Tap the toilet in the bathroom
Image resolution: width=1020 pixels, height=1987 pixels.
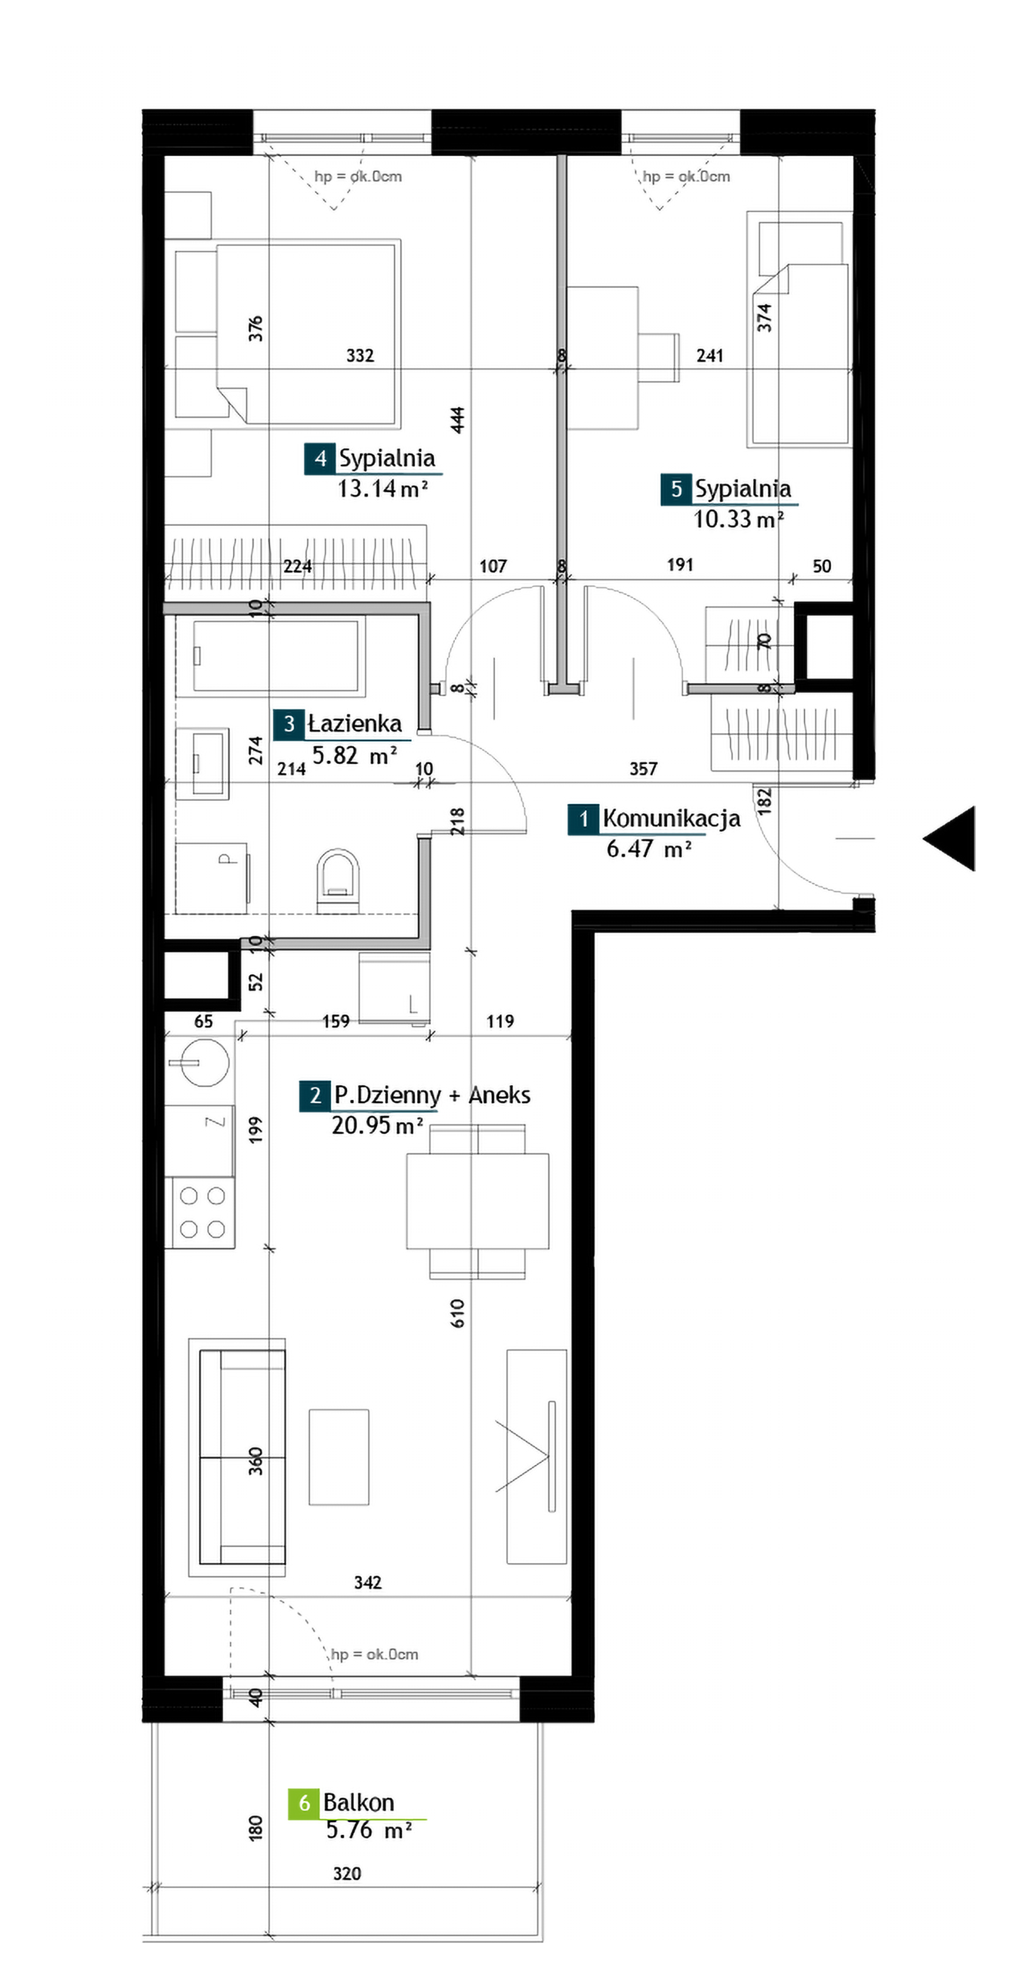[338, 881]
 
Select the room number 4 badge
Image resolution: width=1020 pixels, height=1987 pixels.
[320, 458]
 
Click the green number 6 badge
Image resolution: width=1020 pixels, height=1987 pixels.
[304, 1803]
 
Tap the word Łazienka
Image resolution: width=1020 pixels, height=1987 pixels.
[355, 724]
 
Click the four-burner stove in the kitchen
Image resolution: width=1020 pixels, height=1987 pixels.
[200, 1212]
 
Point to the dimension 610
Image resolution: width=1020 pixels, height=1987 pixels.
[457, 1313]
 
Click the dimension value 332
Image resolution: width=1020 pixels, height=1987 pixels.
[360, 356]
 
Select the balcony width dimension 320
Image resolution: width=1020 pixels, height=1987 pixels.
[347, 1874]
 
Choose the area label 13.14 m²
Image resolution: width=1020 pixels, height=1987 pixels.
[382, 488]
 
